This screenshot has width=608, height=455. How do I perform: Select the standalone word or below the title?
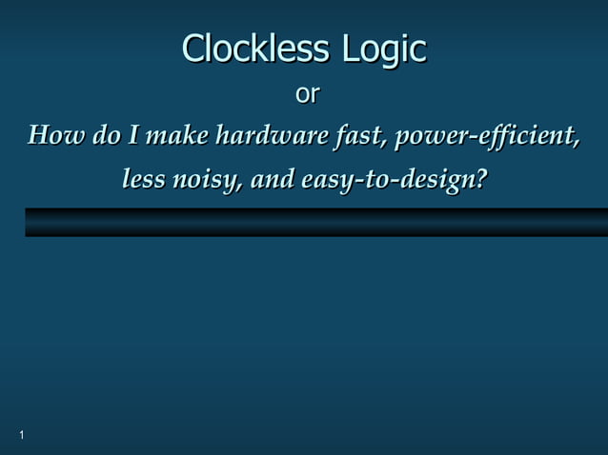click(x=307, y=95)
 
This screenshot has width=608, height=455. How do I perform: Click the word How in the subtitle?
click(x=55, y=136)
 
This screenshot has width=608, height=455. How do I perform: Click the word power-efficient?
click(x=487, y=137)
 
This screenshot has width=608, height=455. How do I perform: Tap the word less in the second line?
click(x=143, y=178)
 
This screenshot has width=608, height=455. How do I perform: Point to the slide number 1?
click(x=21, y=435)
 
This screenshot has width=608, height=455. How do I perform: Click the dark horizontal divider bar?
click(x=315, y=222)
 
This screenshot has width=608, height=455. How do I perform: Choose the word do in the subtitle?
click(x=107, y=136)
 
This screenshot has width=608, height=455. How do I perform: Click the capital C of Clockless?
click(x=193, y=49)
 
